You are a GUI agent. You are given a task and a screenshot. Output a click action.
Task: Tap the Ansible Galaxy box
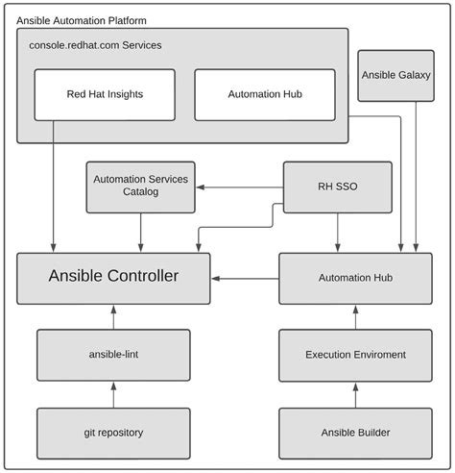pos(395,75)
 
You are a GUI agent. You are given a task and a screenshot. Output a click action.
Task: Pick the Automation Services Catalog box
pos(142,186)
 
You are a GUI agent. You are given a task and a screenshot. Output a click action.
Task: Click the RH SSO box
pos(337,186)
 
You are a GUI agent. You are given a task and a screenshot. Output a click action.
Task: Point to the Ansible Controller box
pos(113,277)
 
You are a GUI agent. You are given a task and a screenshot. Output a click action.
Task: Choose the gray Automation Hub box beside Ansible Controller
pos(348,277)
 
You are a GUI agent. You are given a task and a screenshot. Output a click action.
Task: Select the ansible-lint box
pos(113,354)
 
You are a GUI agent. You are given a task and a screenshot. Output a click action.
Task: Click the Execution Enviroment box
pos(348,354)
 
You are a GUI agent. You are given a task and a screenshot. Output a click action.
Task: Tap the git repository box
pos(113,432)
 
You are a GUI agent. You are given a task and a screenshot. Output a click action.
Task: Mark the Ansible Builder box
pos(348,432)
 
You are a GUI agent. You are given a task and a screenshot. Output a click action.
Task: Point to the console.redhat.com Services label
pos(95,45)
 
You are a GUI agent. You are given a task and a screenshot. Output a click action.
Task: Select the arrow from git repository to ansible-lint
pos(113,393)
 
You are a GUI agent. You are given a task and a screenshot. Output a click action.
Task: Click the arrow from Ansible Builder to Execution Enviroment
pos(348,393)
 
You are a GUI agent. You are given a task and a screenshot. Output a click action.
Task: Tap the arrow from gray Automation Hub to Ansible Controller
pos(245,278)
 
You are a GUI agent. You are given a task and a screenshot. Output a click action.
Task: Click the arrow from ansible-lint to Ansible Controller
pos(113,315)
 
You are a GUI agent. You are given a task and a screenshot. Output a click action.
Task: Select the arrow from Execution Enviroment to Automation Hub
pos(348,315)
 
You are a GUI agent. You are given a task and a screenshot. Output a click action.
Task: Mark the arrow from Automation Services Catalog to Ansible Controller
pos(142,233)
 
